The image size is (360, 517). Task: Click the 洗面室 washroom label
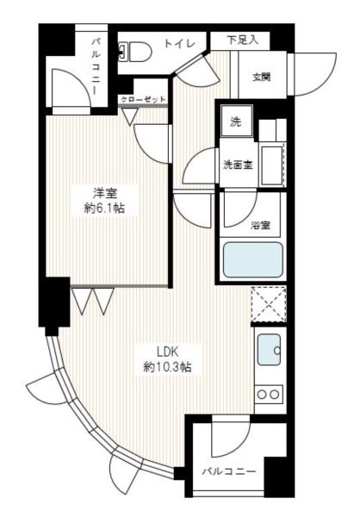(x=238, y=164)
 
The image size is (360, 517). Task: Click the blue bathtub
(x=252, y=259)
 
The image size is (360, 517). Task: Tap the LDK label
(x=167, y=351)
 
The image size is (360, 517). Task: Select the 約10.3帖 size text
(x=167, y=367)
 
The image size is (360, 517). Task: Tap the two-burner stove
(x=268, y=394)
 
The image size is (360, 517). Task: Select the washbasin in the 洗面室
(x=272, y=163)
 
